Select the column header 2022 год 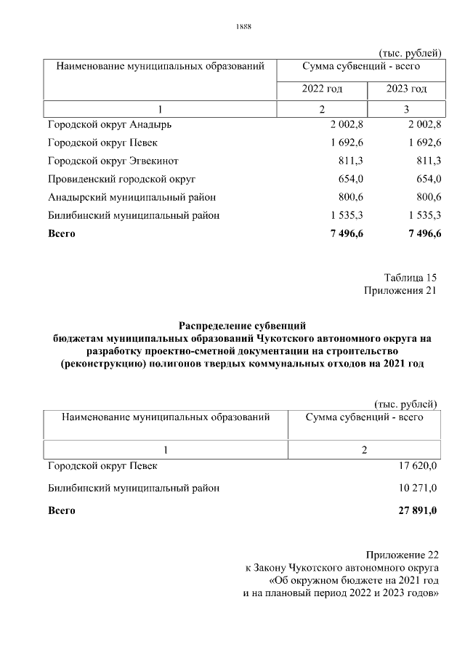[322, 89]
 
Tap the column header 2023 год [405, 89]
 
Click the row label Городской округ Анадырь [110, 124]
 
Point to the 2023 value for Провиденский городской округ [425, 179]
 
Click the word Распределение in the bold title [213, 325]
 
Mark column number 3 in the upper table [406, 109]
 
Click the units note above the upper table [410, 52]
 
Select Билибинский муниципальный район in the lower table [134, 489]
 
